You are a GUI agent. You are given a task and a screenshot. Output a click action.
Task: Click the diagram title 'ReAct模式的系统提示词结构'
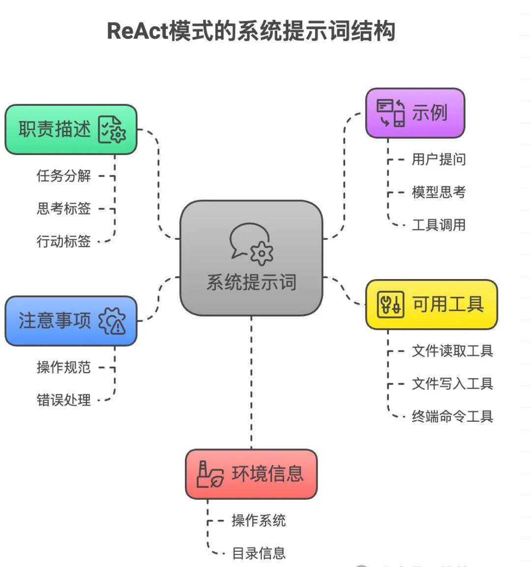coord(251,31)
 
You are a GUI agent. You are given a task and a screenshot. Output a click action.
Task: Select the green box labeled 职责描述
coord(71,129)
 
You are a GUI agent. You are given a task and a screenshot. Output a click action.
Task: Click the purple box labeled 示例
coord(415,113)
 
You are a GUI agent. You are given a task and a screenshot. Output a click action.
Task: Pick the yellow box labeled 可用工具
coord(431,305)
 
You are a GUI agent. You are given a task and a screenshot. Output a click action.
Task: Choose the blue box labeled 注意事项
coord(71,321)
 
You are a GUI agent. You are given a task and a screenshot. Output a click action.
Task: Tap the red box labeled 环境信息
coord(251,474)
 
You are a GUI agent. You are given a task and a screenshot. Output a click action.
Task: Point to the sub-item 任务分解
coord(63,176)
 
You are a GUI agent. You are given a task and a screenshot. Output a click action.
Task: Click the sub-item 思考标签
coord(63,208)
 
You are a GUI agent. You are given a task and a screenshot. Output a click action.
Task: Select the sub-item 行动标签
coord(63,241)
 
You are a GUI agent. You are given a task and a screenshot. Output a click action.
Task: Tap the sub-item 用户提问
coord(439,159)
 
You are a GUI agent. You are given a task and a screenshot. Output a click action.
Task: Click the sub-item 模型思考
coord(439,192)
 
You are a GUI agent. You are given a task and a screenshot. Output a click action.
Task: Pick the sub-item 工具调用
coord(439,225)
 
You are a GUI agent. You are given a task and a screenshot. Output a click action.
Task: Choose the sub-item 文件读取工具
coord(452,351)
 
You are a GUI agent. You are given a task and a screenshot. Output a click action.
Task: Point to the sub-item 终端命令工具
coord(452,416)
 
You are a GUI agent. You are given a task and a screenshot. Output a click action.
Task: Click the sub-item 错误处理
coord(63,400)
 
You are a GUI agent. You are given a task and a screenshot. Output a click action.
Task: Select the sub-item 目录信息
coord(259,553)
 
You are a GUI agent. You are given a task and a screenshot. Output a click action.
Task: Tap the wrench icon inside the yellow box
coord(390,304)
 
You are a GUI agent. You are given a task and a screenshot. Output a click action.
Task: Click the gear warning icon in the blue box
coord(113,321)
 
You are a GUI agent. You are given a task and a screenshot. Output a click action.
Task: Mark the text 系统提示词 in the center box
coord(251,283)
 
